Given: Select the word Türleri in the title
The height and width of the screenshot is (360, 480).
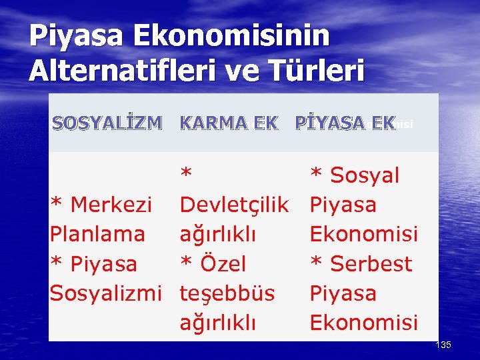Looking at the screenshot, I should pos(315,69).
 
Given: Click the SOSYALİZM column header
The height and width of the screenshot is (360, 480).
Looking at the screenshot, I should pos(107,123).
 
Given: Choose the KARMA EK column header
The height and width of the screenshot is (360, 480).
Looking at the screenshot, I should pos(229,123).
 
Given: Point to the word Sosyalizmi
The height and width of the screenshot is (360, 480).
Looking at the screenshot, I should pos(106,293).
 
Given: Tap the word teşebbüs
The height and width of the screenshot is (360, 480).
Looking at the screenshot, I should pos(227,293).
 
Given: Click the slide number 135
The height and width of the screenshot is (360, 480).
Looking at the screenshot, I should pos(443,345).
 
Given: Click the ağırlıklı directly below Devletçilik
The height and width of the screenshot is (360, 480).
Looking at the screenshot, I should pos(218,234).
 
